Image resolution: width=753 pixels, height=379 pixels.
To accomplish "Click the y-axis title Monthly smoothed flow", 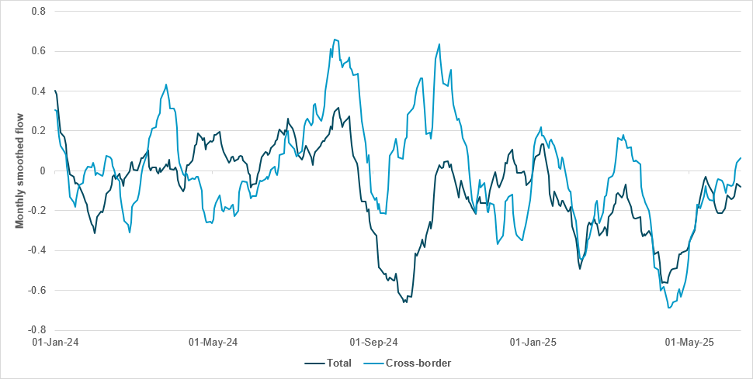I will (x=20, y=171).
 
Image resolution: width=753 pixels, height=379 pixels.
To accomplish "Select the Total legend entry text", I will (x=339, y=363).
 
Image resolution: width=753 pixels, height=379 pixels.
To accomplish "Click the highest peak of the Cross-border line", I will (x=334, y=40).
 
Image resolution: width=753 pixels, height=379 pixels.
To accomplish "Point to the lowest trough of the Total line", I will (x=404, y=301).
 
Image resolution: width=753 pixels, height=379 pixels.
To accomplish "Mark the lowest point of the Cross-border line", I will (x=669, y=308).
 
